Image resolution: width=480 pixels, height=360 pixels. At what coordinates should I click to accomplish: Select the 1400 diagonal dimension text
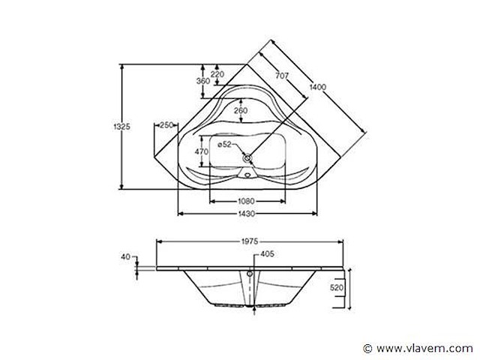pyautogui.click(x=318, y=88)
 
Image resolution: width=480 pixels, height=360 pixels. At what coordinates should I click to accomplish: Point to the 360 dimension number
pyautogui.click(x=202, y=81)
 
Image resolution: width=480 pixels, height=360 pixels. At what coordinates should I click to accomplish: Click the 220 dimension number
pyautogui.click(x=217, y=73)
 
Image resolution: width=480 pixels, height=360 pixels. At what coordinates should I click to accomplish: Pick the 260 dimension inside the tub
pyautogui.click(x=240, y=111)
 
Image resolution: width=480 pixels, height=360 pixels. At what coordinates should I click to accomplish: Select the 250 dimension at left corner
pyautogui.click(x=166, y=125)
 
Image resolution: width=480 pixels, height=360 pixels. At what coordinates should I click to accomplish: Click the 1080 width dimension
pyautogui.click(x=247, y=201)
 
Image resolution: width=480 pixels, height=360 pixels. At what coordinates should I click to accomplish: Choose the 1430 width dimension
pyautogui.click(x=247, y=214)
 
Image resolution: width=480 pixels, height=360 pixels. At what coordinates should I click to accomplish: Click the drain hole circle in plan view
pyautogui.click(x=247, y=159)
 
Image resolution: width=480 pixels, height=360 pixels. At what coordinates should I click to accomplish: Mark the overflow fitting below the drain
pyautogui.click(x=247, y=178)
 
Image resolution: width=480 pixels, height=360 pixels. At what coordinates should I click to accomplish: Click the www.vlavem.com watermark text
pyautogui.click(x=424, y=349)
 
